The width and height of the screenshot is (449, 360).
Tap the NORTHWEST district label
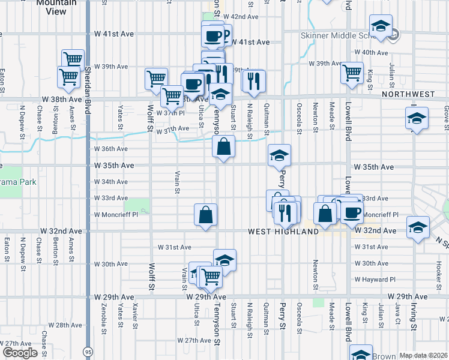408,95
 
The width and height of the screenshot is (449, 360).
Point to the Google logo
19,353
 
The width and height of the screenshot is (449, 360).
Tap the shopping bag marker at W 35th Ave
223,146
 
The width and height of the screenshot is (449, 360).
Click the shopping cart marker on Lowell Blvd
352,73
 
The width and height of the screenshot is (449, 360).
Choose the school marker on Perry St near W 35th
279,155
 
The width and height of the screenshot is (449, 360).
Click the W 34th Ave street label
111,182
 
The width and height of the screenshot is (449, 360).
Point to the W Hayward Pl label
375,280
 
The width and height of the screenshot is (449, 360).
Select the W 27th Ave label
193,340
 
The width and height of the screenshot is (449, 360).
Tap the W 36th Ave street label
111,149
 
